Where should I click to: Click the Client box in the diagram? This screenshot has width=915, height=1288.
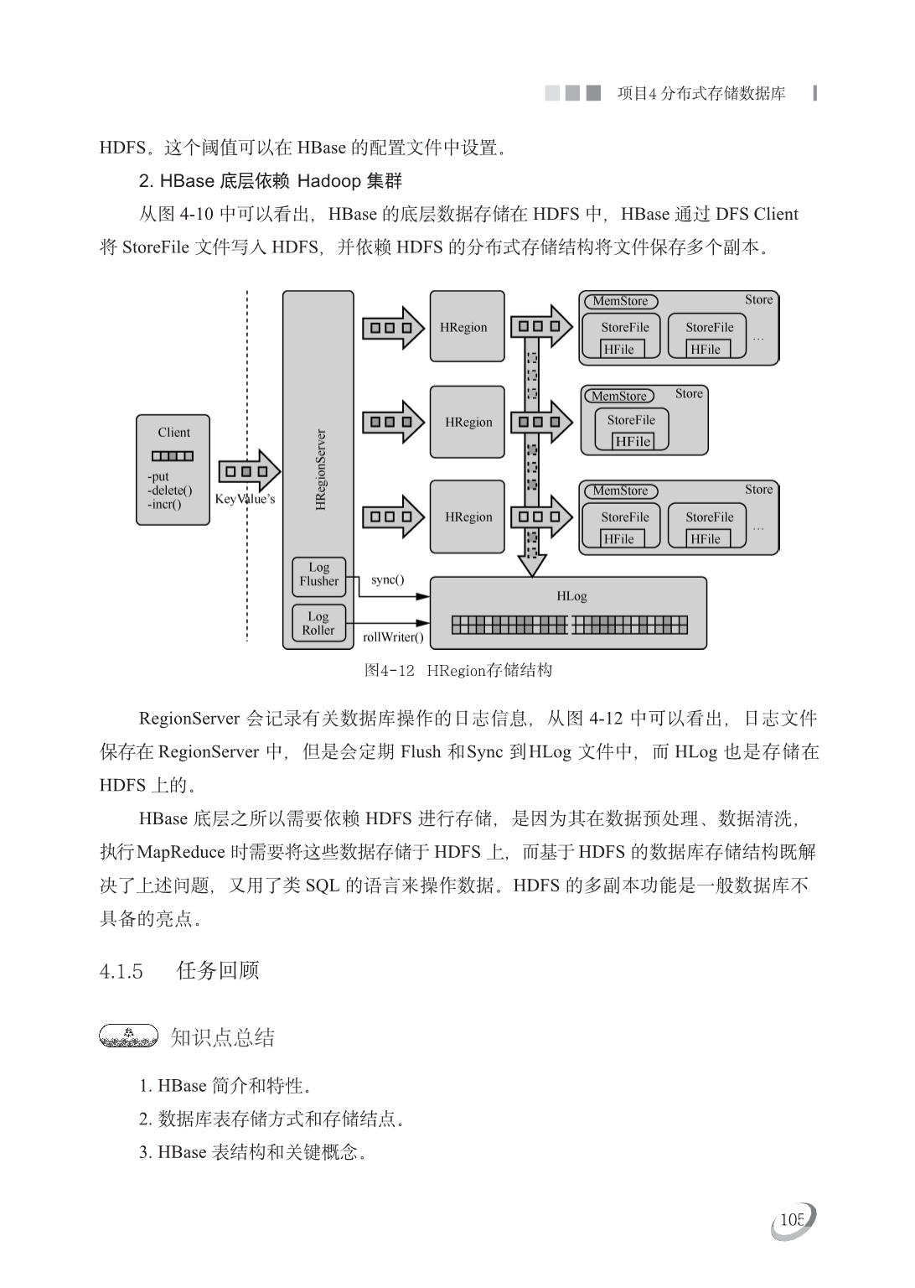pos(173,470)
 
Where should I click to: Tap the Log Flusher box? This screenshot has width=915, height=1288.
pos(318,574)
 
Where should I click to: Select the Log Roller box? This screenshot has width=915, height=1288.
pos(318,624)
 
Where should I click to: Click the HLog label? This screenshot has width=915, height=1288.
pos(571,596)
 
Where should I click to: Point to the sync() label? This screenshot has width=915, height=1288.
pos(387,580)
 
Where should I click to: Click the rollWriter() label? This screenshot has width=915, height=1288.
pos(393,637)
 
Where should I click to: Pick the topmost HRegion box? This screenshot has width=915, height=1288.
pos(467,327)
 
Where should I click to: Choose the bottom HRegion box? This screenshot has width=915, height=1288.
pos(467,517)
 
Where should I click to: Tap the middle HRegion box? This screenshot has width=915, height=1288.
pos(467,423)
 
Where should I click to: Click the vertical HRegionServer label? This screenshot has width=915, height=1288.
pos(320,470)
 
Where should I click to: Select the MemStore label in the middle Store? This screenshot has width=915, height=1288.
pos(619,396)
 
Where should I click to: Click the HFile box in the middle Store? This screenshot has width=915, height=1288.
pos(633,441)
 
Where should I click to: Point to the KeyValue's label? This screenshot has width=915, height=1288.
pos(245,500)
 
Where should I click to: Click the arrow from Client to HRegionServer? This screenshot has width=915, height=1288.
pos(249,471)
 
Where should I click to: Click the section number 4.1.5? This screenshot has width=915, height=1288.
pos(121,972)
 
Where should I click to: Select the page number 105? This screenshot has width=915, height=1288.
pos(792,1220)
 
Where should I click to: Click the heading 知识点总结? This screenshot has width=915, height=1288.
pos(222,1038)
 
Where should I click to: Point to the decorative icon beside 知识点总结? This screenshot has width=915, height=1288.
pos(128,1037)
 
